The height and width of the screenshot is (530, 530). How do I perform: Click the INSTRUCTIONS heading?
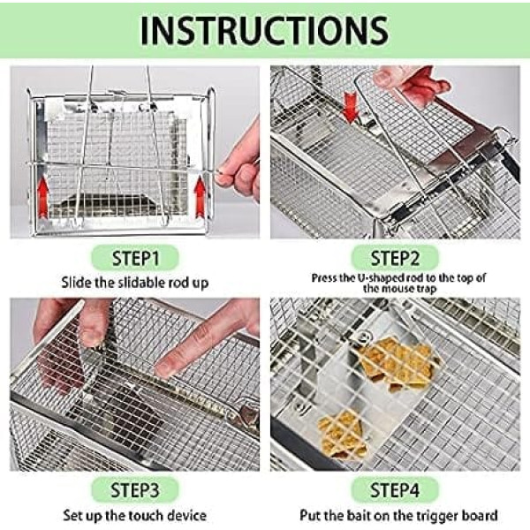click(264, 30)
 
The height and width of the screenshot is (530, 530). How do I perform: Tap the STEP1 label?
click(135, 258)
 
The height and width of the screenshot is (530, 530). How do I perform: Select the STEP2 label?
click(395, 258)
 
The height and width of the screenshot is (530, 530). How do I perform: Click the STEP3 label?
click(135, 490)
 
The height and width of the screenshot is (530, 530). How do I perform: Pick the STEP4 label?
click(395, 490)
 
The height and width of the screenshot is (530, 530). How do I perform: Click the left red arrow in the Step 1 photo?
click(42, 198)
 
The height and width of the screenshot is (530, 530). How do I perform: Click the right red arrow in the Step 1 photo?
click(201, 198)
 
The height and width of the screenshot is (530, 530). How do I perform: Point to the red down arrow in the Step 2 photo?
click(351, 107)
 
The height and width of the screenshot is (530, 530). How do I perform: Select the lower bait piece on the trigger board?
click(342, 435)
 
